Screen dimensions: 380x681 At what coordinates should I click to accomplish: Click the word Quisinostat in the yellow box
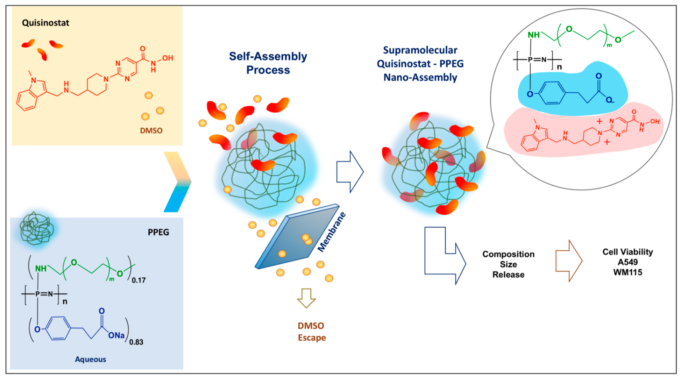coord(45,23)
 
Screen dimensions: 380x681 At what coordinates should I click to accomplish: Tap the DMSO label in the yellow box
coord(151,130)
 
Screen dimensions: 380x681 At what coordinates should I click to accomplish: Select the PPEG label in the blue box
coord(158,232)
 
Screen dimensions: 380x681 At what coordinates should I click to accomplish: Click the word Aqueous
coord(90,359)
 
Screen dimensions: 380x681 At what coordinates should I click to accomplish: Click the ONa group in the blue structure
coord(116,335)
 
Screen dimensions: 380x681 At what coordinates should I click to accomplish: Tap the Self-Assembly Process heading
coord(268,63)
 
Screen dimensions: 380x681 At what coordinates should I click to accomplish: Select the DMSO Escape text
coord(311,331)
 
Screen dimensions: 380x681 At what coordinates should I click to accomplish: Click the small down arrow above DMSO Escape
coord(306,298)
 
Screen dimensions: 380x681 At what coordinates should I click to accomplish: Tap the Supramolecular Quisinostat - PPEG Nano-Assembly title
coord(420,64)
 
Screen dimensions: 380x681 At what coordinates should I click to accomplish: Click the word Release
coord(508,274)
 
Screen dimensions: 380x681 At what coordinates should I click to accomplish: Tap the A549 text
coord(627,262)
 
